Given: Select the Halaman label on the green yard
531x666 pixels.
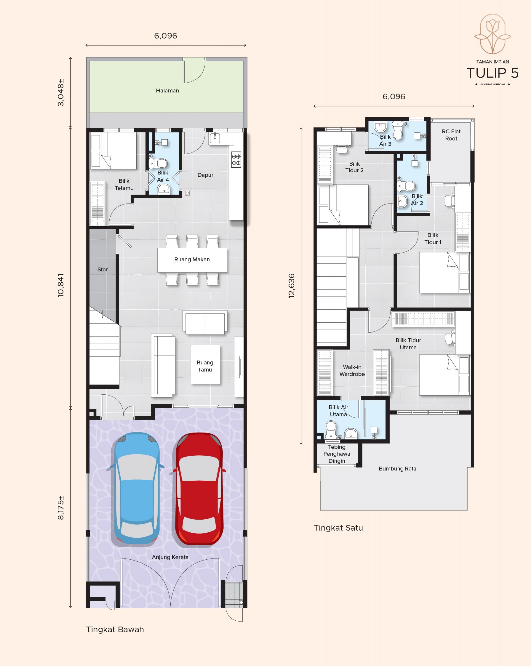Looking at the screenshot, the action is [x=167, y=91].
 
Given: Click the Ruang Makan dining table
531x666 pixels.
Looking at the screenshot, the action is [x=192, y=260].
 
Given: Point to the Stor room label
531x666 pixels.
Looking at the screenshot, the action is [x=103, y=270].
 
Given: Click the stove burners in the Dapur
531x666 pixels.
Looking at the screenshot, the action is [x=236, y=160].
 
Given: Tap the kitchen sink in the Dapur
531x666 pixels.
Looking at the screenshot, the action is [x=215, y=138].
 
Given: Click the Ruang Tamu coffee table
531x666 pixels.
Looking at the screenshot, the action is [x=205, y=364].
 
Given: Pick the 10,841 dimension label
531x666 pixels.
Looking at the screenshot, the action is [x=61, y=285].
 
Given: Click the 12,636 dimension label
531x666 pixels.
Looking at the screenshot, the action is [x=292, y=286].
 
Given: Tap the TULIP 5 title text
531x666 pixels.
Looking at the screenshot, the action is [x=492, y=73].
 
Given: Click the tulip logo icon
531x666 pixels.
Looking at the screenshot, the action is [x=493, y=34].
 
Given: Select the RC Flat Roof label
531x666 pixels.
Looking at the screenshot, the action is [x=451, y=135].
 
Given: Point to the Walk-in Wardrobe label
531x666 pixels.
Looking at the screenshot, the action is [x=352, y=371].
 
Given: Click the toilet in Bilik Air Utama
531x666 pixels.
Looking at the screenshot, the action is [x=331, y=430].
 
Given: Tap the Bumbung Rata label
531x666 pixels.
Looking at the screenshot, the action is [x=398, y=469].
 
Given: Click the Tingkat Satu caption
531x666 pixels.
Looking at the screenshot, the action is [x=338, y=528].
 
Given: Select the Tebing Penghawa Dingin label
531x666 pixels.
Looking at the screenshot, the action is [x=337, y=454].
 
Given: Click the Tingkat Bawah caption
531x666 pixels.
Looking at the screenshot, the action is [x=115, y=630].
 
